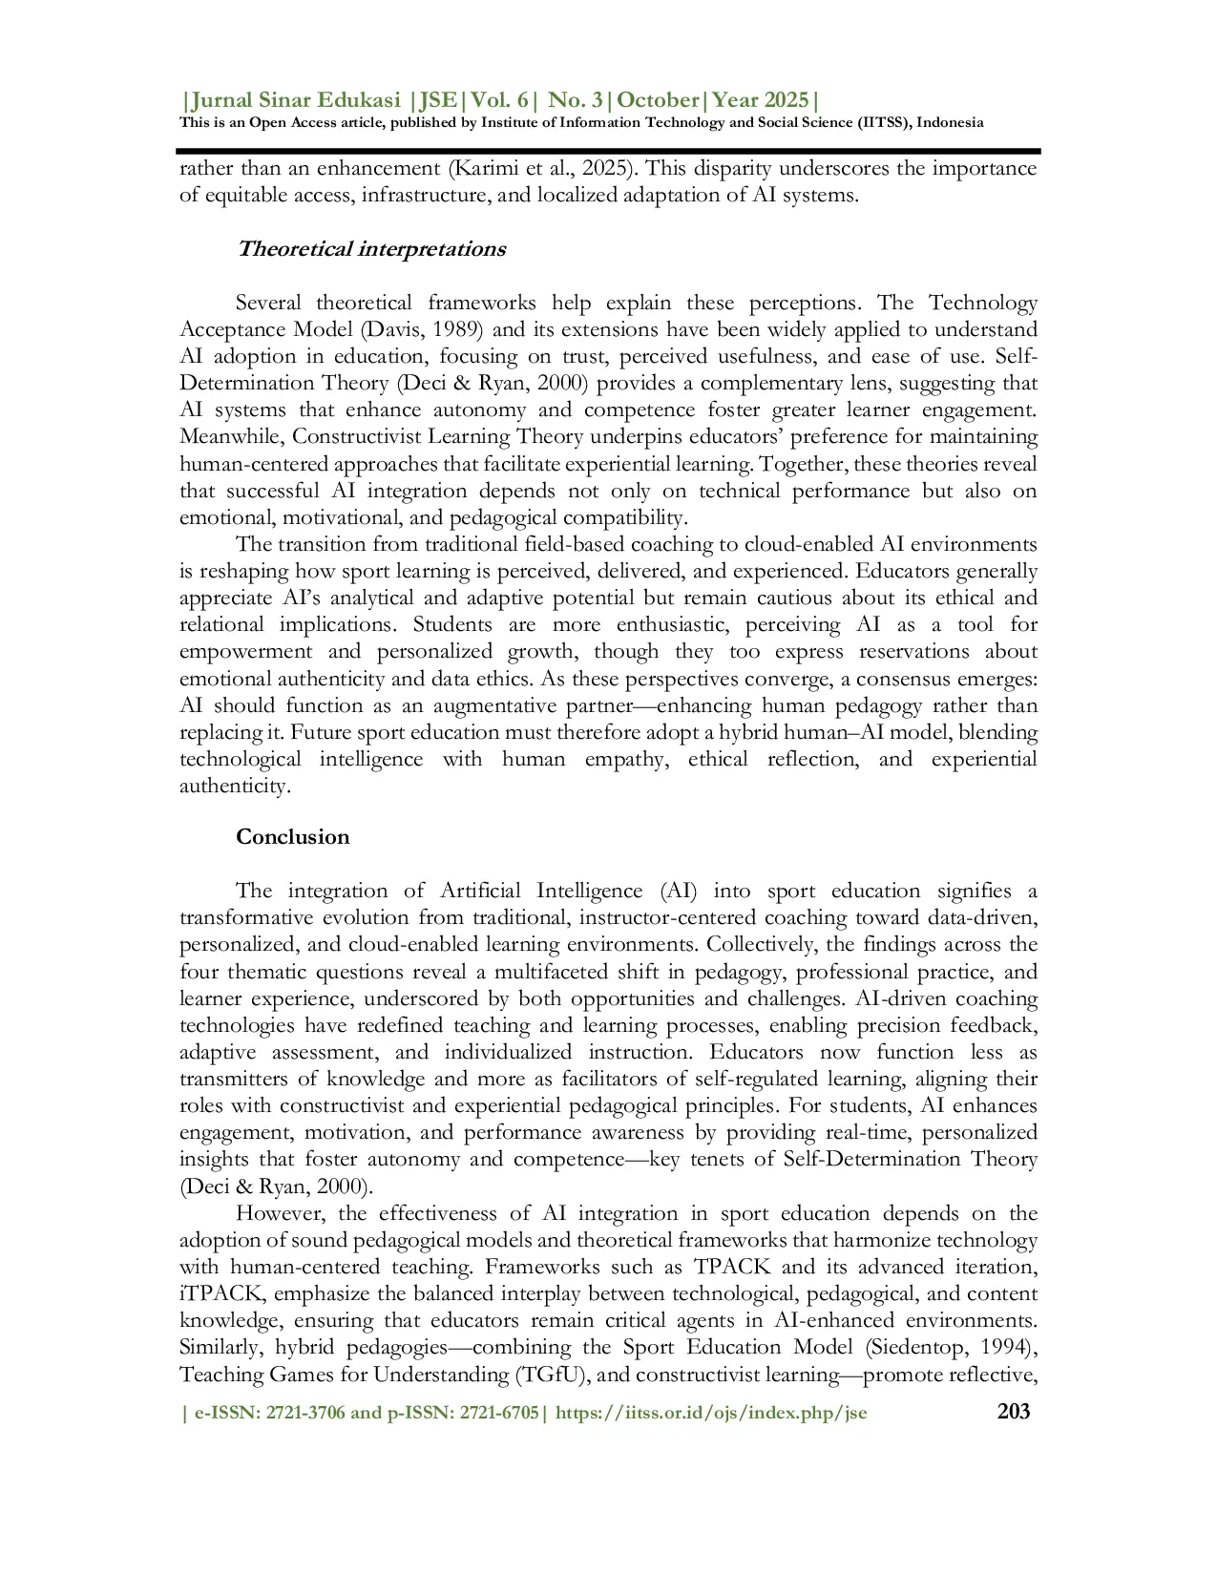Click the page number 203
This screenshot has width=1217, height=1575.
pyautogui.click(x=1013, y=1411)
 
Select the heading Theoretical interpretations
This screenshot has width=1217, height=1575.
pyautogui.click(x=370, y=249)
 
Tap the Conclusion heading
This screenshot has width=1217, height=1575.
pyautogui.click(x=292, y=837)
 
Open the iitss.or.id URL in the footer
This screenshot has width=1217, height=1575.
pyautogui.click(x=711, y=1413)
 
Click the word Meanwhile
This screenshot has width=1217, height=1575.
pyautogui.click(x=232, y=437)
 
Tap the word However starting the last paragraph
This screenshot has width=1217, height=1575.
pyautogui.click(x=281, y=1214)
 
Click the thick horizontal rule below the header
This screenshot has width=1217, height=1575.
pyautogui.click(x=608, y=151)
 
